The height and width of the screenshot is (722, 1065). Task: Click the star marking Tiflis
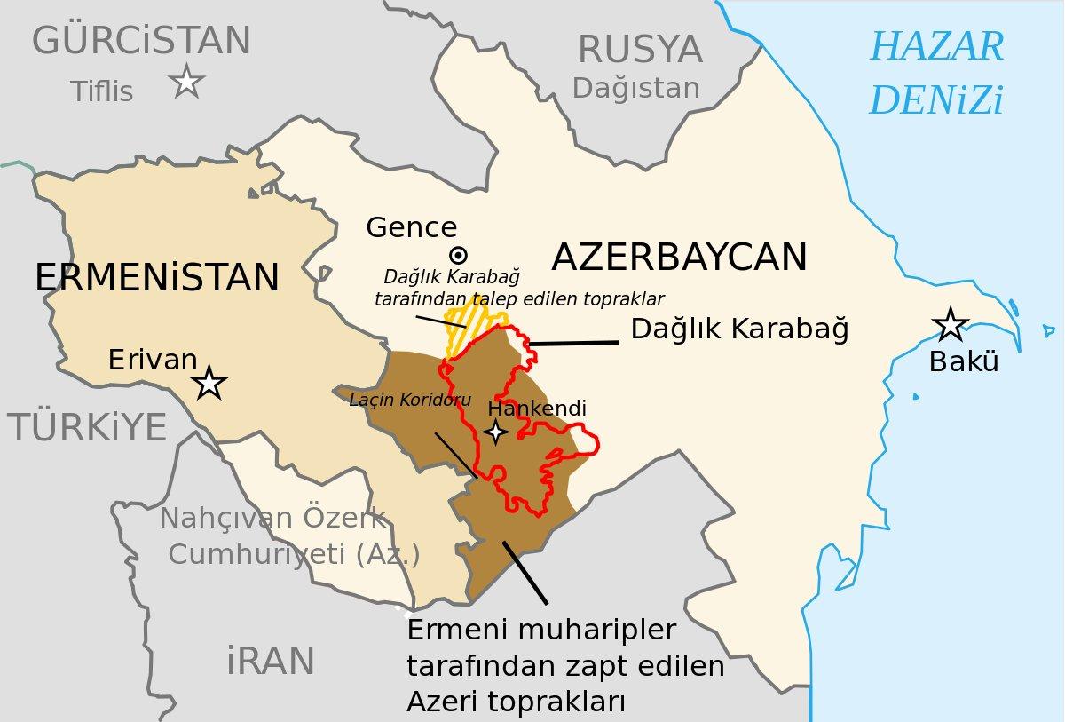coord(187,83)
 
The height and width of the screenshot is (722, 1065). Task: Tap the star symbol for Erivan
coord(210,383)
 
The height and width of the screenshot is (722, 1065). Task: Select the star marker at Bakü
coord(951,325)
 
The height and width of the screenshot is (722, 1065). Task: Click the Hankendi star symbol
coord(494,432)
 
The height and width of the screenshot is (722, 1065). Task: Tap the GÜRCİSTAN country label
coord(141,41)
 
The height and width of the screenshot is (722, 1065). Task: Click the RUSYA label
coord(639,50)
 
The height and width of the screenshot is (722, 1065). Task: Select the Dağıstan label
coord(635,88)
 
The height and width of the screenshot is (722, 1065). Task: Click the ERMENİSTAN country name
coord(157,277)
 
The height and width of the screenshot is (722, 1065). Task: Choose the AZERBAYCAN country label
coord(679,258)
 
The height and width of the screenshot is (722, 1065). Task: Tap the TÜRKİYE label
coord(88,428)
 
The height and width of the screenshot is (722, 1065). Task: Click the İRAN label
coord(271,661)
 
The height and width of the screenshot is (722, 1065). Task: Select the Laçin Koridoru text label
coord(410,399)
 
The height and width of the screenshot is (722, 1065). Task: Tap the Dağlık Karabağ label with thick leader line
coord(739,329)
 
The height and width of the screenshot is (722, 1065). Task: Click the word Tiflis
coord(102,91)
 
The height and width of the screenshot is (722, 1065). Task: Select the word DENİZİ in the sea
coord(936,101)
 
